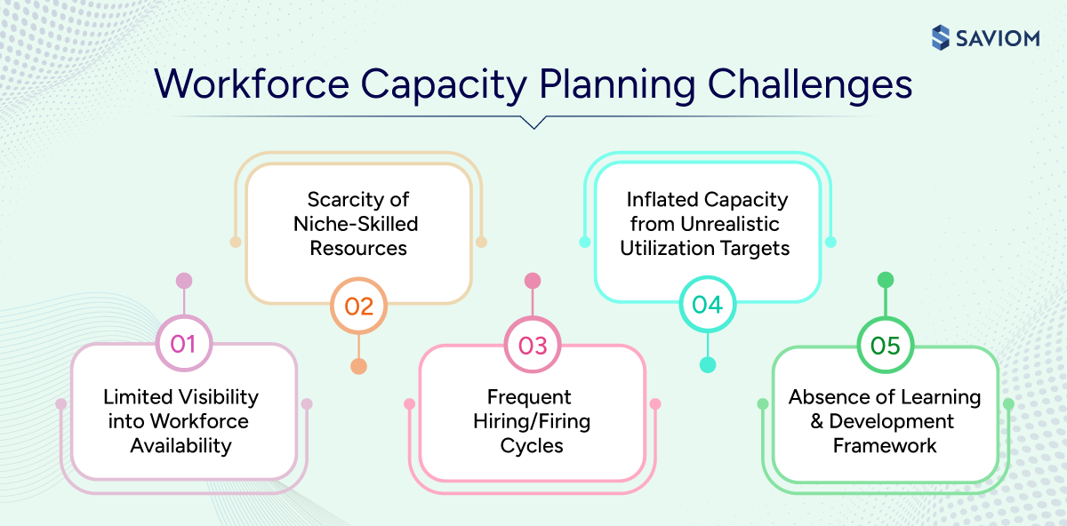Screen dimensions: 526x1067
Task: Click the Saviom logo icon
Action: (941, 37)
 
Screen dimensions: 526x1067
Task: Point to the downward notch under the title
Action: (533, 124)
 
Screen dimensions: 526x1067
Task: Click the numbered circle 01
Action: (183, 343)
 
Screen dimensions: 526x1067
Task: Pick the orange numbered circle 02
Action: (358, 306)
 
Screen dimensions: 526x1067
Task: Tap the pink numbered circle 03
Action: (533, 345)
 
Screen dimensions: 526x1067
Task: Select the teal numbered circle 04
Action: (707, 305)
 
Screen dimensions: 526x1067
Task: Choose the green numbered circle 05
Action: (886, 345)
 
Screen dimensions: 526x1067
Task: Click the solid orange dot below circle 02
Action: (358, 366)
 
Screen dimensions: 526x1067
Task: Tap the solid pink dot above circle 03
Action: (533, 281)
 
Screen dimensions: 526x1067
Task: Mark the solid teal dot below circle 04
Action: (708, 364)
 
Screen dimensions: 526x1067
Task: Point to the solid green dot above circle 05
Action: (886, 280)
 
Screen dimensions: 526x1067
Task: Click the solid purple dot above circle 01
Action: (184, 281)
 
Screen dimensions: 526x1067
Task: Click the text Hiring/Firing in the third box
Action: (532, 421)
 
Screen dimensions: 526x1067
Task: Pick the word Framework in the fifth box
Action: (885, 445)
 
